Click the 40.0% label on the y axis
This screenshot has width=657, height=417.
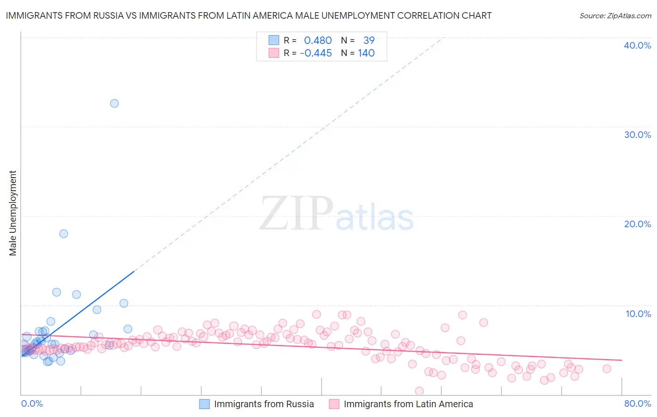click(x=637, y=45)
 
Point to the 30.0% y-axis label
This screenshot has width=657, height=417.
click(x=637, y=135)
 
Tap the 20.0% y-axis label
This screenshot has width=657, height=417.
click(x=637, y=224)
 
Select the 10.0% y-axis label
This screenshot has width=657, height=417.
click(x=638, y=314)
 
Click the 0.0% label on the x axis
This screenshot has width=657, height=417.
click(x=32, y=403)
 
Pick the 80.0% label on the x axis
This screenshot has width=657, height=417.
click(x=637, y=403)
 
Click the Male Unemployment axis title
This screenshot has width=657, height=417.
click(x=13, y=213)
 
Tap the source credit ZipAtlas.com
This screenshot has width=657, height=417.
click(x=615, y=16)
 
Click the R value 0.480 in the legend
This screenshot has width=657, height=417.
click(x=318, y=41)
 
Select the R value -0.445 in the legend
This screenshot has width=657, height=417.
click(x=316, y=53)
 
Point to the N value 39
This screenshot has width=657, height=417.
click(x=369, y=41)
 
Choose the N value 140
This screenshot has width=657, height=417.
click(x=366, y=53)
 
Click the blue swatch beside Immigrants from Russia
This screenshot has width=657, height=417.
click(x=205, y=404)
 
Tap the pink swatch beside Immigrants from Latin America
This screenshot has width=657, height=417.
click(x=334, y=404)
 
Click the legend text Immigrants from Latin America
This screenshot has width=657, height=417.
click(x=408, y=404)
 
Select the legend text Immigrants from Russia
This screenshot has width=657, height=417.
click(x=264, y=404)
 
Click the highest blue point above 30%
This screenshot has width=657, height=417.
click(x=114, y=103)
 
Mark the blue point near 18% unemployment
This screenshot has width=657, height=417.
click(x=64, y=234)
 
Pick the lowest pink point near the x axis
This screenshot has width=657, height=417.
click(x=419, y=391)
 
